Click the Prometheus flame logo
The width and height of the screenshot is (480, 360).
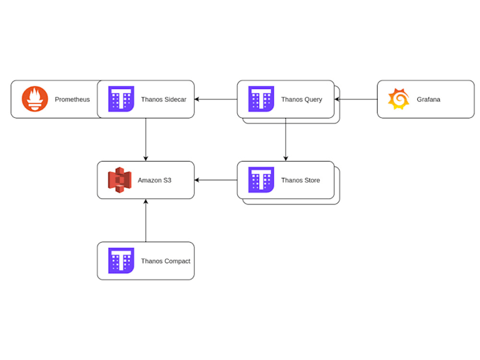coord(35,100)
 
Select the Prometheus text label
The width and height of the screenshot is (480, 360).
coord(72,100)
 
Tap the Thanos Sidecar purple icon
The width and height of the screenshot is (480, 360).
coord(121,100)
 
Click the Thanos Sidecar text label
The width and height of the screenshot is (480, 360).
coord(164,100)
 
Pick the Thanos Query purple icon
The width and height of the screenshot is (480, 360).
coord(261,100)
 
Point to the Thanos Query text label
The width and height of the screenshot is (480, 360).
coord(301,100)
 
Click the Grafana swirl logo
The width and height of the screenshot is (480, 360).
coord(399,100)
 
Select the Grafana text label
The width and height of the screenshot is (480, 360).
coord(428,100)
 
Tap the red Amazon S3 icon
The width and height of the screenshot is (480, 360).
coord(120,180)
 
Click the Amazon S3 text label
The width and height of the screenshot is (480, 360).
coord(155,181)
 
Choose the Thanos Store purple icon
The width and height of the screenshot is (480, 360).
coord(261,180)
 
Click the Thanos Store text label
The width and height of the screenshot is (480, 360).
coord(301,181)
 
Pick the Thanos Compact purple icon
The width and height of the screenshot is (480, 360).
coord(121,260)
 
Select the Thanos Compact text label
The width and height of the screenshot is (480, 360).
coord(166,261)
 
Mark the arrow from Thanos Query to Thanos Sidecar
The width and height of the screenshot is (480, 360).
coord(216,100)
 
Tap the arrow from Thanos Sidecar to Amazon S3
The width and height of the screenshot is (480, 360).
coord(146,140)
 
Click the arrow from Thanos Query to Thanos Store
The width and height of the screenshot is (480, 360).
coord(286,140)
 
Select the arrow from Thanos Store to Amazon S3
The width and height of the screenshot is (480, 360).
coord(216,180)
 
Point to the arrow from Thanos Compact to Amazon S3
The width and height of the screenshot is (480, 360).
coord(146,220)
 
